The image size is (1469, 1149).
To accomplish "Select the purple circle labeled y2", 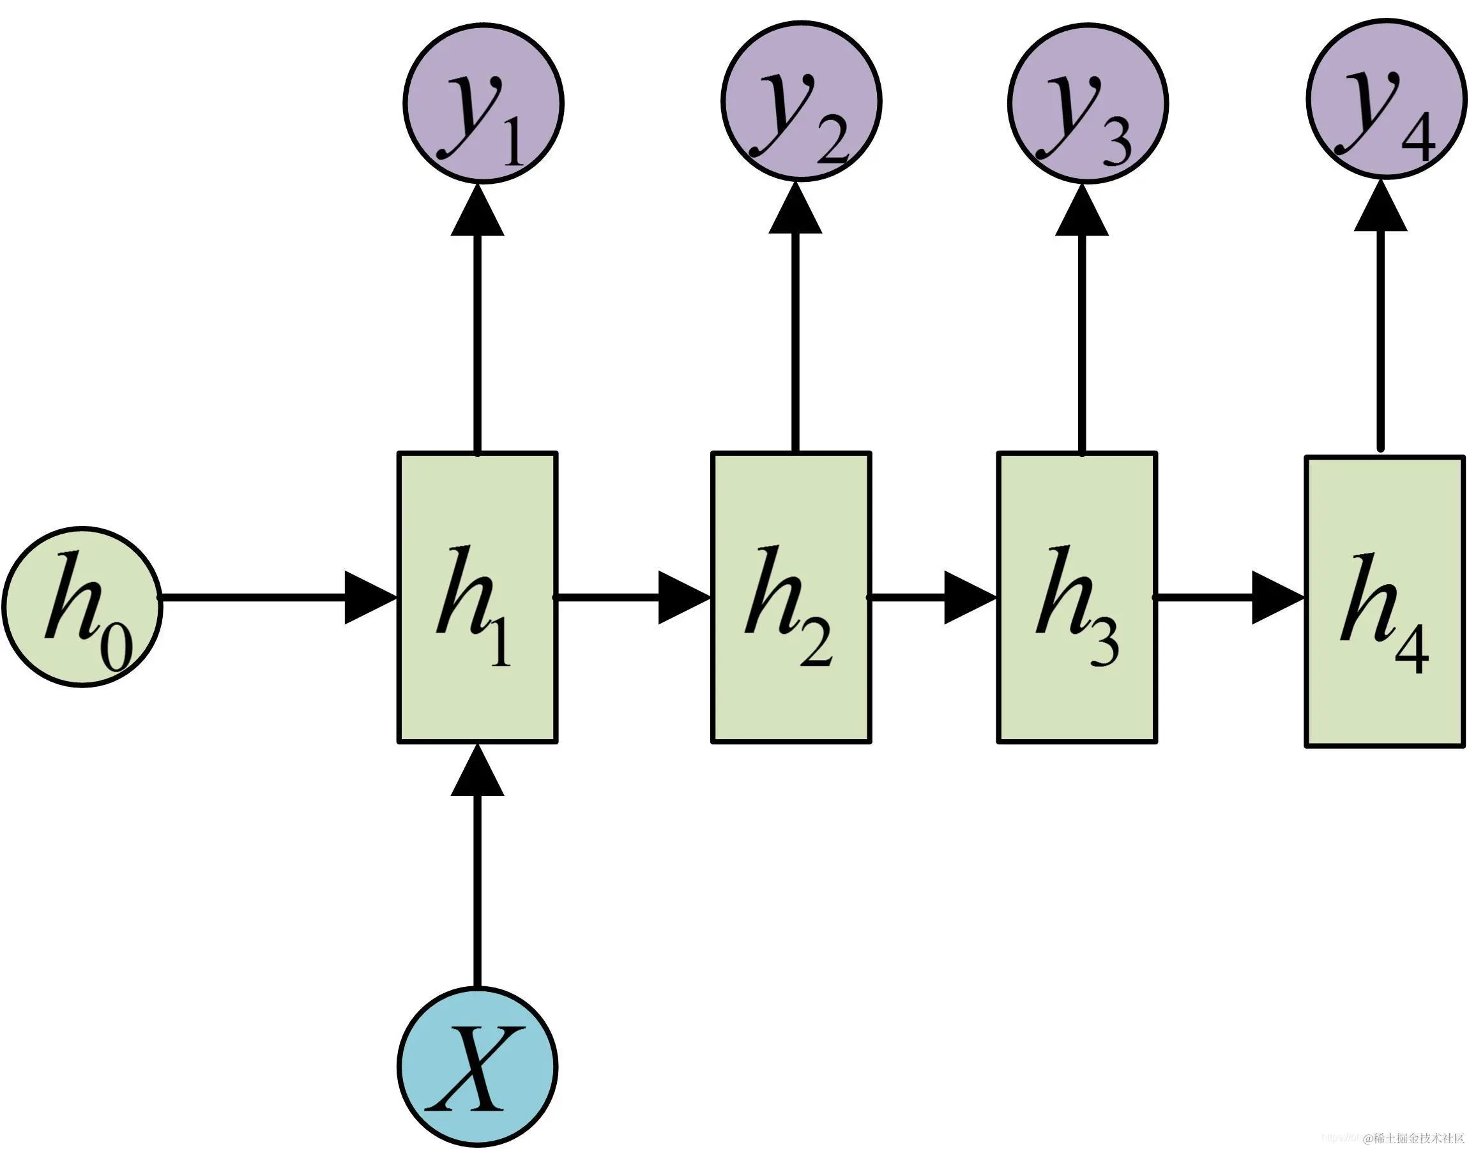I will pyautogui.click(x=802, y=102).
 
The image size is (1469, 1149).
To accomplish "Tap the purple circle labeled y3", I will pyautogui.click(x=1088, y=103).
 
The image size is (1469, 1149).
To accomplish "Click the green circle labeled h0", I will pyautogui.click(x=82, y=605).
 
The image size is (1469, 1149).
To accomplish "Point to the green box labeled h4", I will pyautogui.click(x=1385, y=601).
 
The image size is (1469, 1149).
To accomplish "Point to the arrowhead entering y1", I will pyautogui.click(x=478, y=211).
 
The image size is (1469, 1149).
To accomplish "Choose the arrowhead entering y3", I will pyautogui.click(x=1082, y=211).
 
